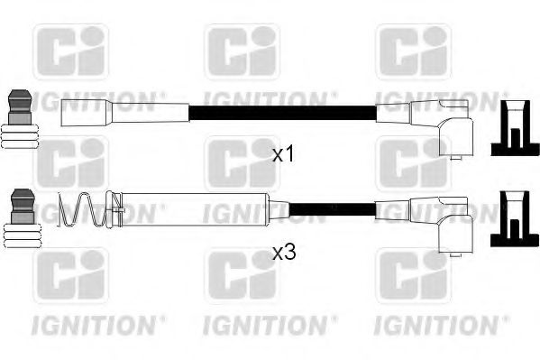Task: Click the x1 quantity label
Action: (x=284, y=155)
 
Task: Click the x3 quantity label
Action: (x=284, y=254)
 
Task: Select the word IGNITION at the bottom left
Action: (x=99, y=321)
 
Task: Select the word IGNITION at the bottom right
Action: (x=441, y=321)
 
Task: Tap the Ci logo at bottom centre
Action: (x=241, y=276)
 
